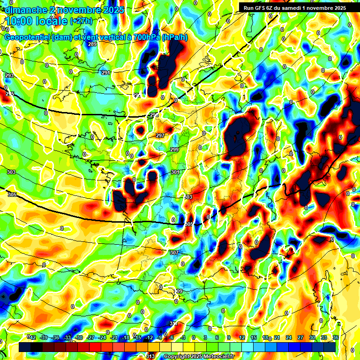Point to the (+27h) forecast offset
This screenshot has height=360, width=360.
(81, 21)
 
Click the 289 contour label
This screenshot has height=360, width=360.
(92, 44)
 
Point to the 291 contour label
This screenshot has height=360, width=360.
(106, 73)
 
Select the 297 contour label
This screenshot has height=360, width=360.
(160, 135)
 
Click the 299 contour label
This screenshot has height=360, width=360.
(174, 150)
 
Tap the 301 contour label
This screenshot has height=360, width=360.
(175, 172)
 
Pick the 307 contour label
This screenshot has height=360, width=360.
(174, 253)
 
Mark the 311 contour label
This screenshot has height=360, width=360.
(173, 323)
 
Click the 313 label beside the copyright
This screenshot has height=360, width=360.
(150, 356)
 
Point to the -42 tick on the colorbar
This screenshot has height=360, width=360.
(31, 337)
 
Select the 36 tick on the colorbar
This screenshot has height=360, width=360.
(336, 337)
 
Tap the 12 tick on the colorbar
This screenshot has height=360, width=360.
(242, 337)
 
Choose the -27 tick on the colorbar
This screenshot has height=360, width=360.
(91, 337)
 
